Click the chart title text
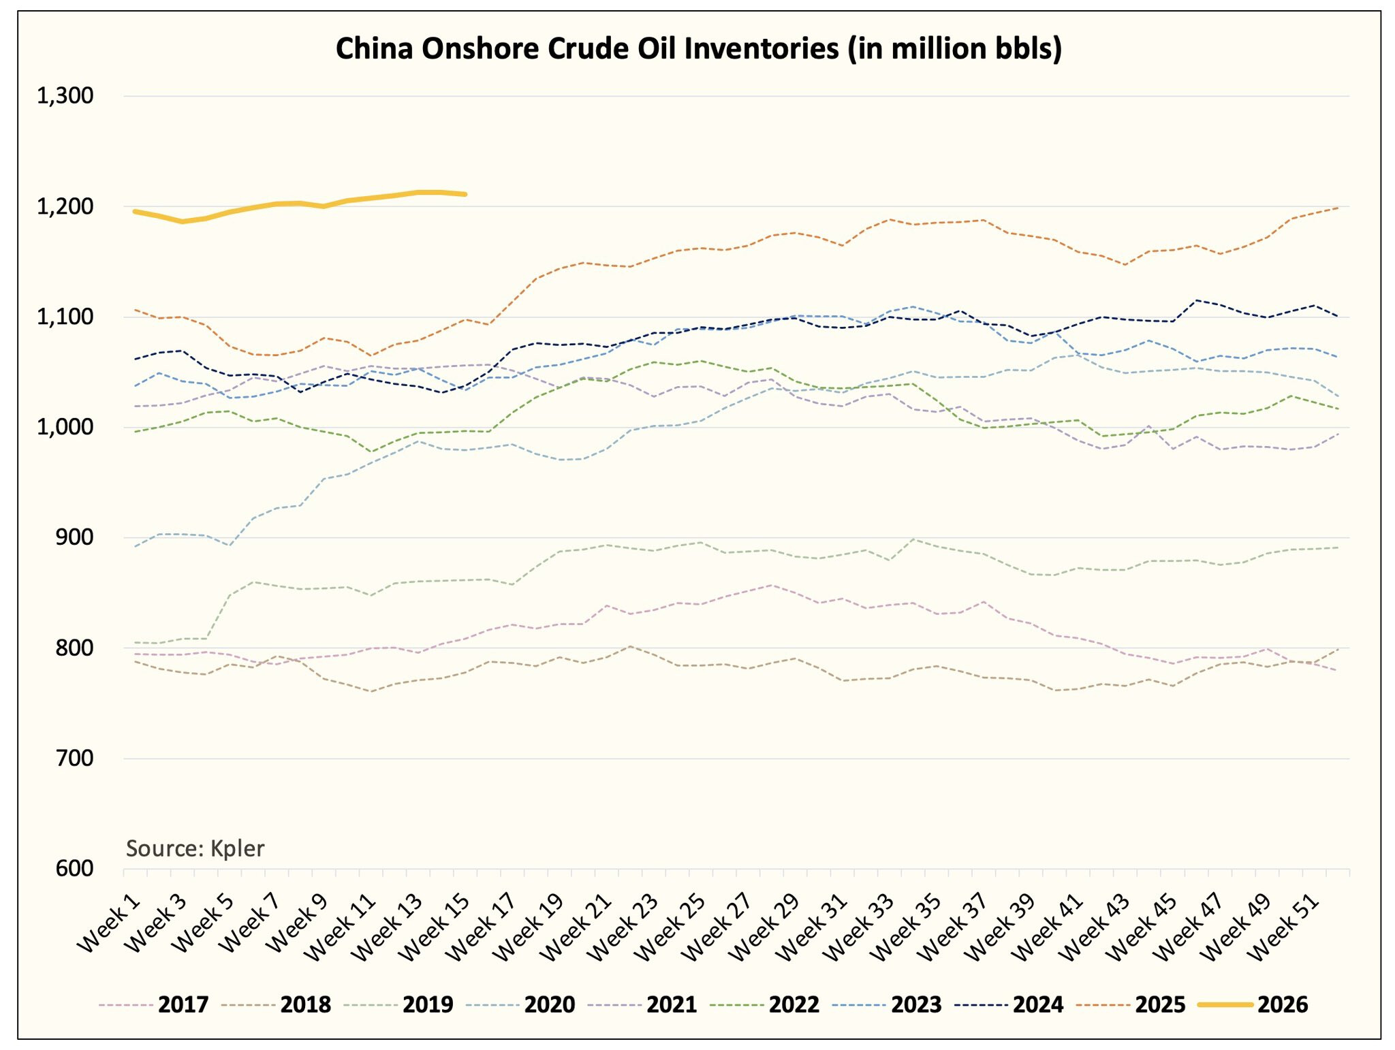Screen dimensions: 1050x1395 698,49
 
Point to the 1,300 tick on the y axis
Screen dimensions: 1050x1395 65,96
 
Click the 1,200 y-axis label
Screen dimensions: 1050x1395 65,206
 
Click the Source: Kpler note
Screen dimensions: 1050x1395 195,848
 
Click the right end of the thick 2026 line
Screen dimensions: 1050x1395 465,194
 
